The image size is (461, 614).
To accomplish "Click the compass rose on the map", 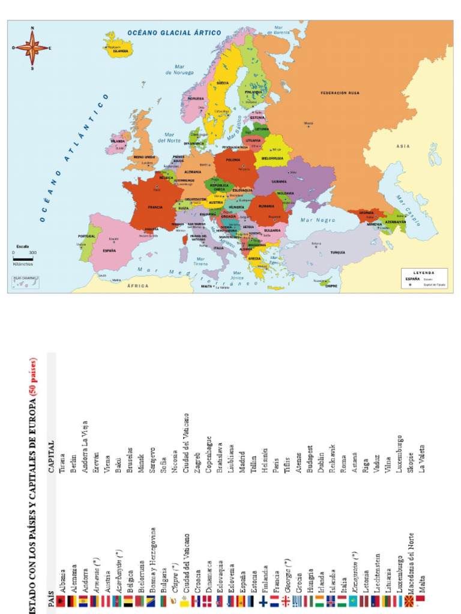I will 32,48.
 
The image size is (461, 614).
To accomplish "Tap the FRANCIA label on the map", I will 155,207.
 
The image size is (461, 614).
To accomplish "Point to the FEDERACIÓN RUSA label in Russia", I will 340,94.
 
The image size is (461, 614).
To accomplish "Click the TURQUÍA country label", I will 338,252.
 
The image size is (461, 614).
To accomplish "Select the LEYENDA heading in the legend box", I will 423,272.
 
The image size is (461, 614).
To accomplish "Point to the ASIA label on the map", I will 403,146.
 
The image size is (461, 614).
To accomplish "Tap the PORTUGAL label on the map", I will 86,236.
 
